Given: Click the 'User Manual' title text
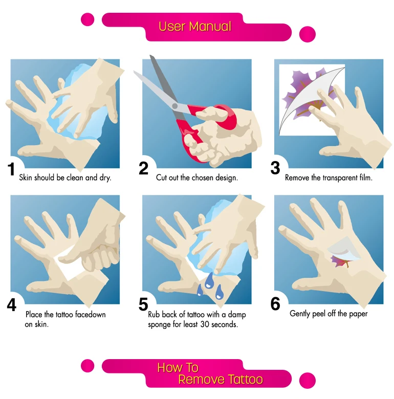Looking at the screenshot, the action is click(x=195, y=26).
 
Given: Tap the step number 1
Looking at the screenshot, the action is click(x=11, y=169).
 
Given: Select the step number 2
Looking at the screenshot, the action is click(x=144, y=168).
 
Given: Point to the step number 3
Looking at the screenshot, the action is click(x=275, y=168).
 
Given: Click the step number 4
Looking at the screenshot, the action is click(x=12, y=304).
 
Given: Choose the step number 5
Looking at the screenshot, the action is click(x=143, y=304).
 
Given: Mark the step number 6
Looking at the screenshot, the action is click(x=275, y=304).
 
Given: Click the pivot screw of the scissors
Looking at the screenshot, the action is click(x=174, y=106).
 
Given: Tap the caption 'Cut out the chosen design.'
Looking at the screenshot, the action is click(x=197, y=178).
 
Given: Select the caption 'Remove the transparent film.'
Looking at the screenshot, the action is click(x=329, y=178).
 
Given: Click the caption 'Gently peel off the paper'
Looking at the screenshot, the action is click(x=329, y=314).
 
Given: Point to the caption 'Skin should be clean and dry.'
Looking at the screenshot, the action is click(x=65, y=178).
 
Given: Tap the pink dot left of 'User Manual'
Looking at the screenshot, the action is click(x=87, y=19).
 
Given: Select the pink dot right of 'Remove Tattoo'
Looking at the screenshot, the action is click(x=308, y=381).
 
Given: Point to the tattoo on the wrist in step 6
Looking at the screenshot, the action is click(x=340, y=261).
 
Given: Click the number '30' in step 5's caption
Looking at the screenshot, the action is click(x=205, y=324).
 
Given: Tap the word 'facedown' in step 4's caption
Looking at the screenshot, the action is click(x=91, y=315).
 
